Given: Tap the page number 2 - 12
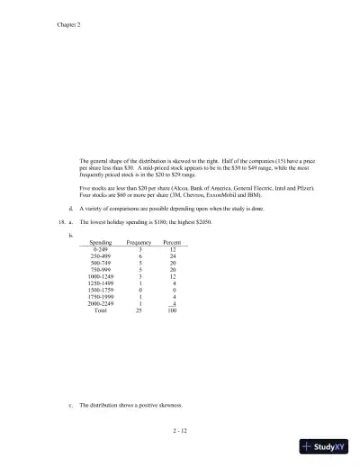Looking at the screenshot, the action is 184,433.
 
